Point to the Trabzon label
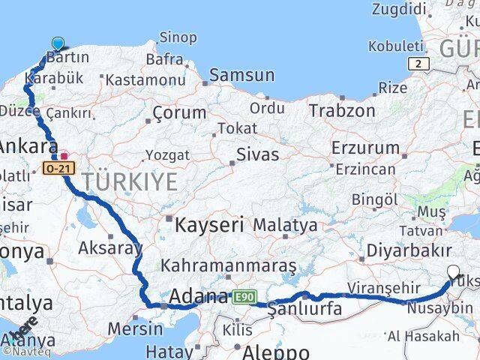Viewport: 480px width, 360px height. click(342, 110)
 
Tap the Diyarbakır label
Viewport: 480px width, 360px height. click(409, 251)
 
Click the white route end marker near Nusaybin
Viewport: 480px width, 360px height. click(453, 273)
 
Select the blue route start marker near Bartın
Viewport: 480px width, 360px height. click(58, 44)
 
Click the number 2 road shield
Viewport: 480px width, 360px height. click(417, 64)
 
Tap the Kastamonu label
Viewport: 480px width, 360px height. click(145, 79)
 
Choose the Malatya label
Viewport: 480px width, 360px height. click(285, 224)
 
